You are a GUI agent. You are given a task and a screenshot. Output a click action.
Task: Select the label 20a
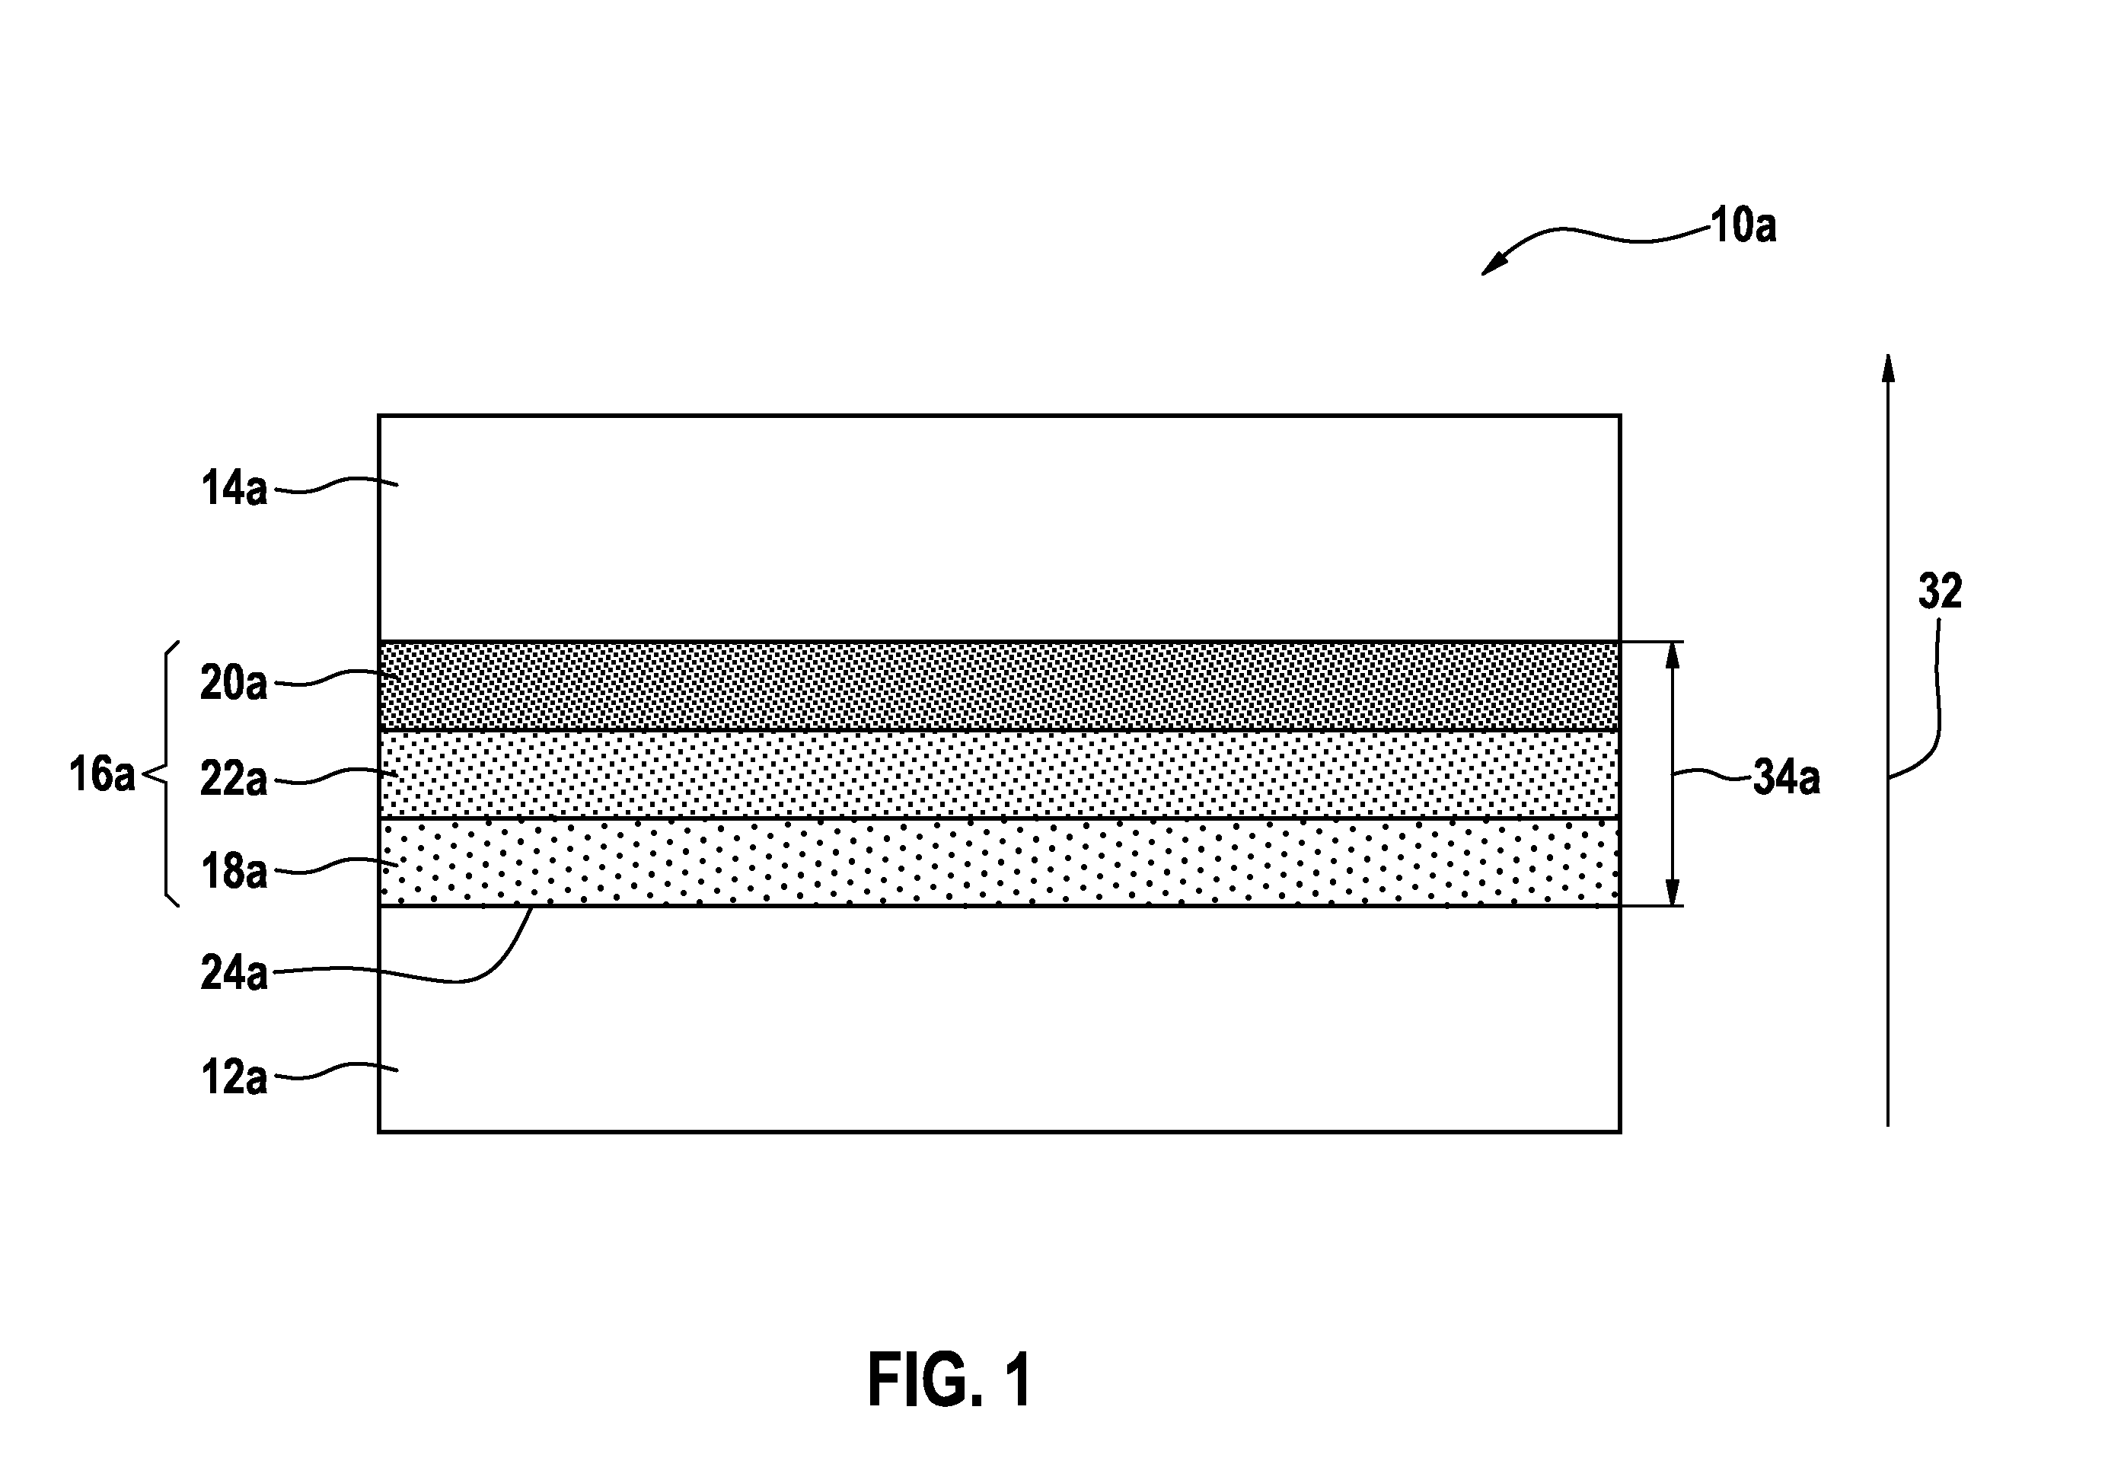234,684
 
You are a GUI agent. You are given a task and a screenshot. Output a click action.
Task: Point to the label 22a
234,779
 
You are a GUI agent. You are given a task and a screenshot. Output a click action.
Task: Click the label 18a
234,872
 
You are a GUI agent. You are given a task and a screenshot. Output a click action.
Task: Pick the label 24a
234,973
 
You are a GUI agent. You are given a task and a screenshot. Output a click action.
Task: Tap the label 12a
234,1077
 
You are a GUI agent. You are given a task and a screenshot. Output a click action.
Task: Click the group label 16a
102,774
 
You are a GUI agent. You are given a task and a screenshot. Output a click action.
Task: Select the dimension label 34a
1786,778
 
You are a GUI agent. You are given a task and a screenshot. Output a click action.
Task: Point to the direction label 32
1940,591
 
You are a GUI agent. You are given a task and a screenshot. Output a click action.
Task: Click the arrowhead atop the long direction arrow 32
1888,367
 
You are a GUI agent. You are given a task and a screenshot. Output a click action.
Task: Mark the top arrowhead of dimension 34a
1672,655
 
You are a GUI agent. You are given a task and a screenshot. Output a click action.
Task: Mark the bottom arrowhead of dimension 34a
1672,892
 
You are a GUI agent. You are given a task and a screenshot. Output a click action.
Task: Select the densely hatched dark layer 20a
999,685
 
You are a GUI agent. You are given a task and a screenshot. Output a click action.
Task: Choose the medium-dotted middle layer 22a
999,774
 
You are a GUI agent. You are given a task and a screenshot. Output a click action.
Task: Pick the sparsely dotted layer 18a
999,862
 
